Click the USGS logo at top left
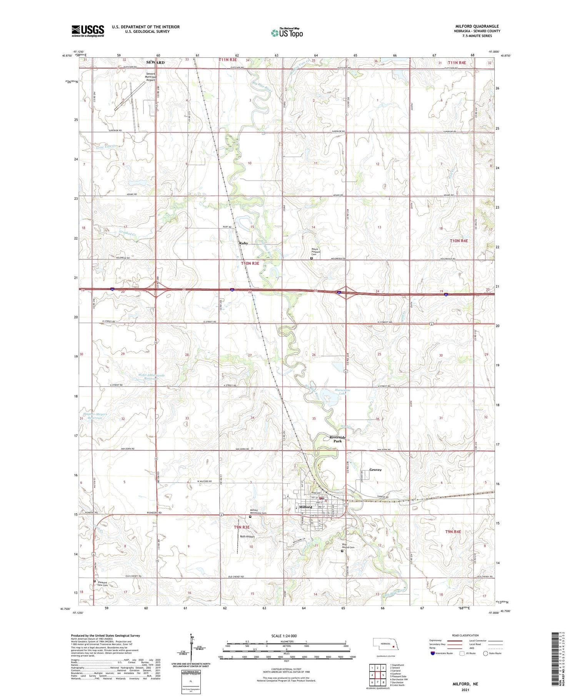[88, 31]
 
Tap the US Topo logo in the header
[287, 33]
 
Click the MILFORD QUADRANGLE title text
[477, 26]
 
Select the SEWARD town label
[155, 62]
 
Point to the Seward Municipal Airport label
[150, 77]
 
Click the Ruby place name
[243, 243]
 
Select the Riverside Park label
[337, 439]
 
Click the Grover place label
[375, 469]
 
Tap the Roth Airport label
[247, 536]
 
